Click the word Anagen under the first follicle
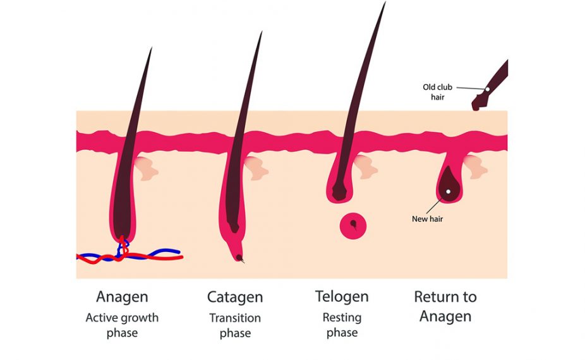tap(122, 297)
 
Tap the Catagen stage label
tap(234, 297)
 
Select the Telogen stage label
tap(341, 296)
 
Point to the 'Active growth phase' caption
tap(122, 325)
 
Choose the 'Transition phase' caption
tap(234, 325)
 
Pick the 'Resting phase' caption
tap(341, 325)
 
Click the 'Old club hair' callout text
tap(437, 92)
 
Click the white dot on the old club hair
tap(487, 89)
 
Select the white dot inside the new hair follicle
tap(448, 191)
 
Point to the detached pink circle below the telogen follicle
tap(353, 225)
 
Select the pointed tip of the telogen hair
tap(384, 4)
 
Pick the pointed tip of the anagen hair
tap(151, 49)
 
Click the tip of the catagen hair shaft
tap(261, 33)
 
